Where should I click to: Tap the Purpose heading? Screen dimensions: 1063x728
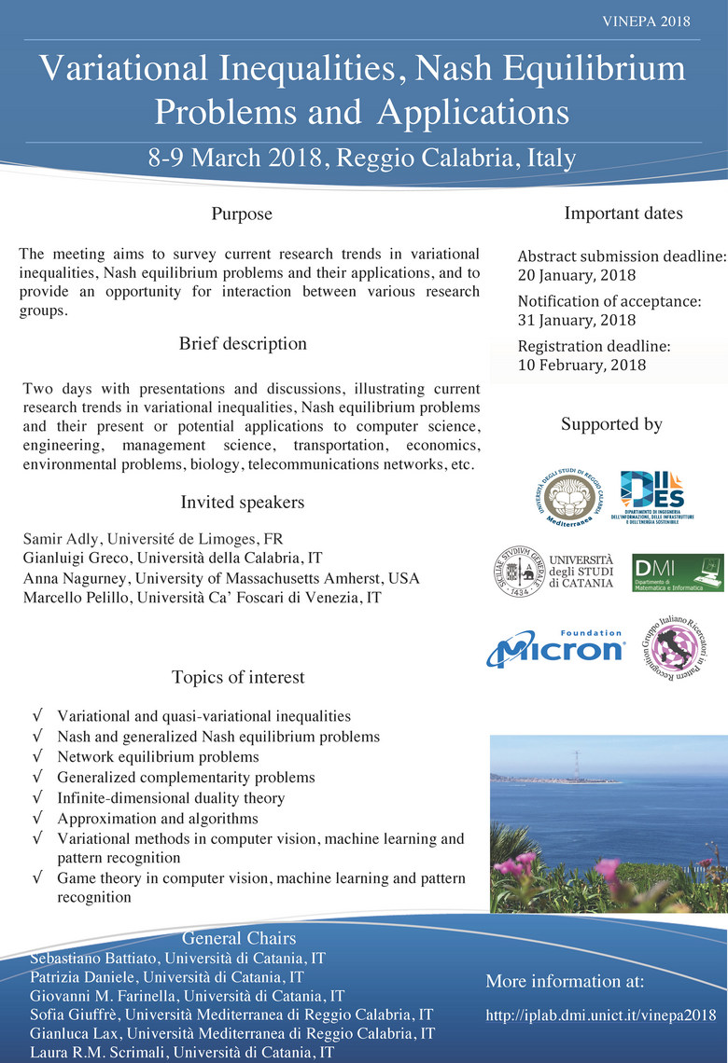point(242,214)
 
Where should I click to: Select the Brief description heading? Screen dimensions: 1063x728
point(242,343)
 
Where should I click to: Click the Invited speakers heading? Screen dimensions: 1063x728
point(242,503)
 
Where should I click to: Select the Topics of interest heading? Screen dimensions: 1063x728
point(238,677)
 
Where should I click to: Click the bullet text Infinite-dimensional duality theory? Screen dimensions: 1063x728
point(171,798)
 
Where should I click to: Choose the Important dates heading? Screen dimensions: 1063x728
point(623,214)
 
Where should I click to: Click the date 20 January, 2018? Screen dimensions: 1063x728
point(576,275)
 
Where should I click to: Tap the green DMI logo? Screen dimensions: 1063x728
point(677,572)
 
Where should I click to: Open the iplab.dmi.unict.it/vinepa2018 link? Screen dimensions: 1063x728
point(600,1015)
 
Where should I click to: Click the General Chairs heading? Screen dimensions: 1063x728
point(239,938)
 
